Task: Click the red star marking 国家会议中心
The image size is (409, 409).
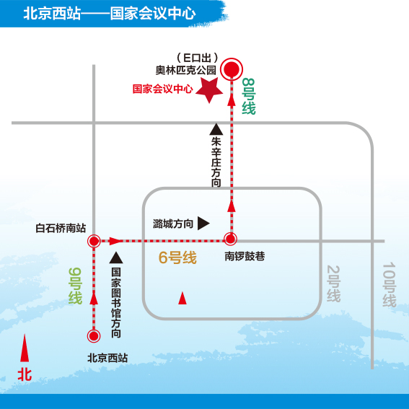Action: coord(209,90)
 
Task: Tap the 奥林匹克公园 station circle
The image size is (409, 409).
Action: coord(232,69)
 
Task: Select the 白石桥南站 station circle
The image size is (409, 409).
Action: coord(94,241)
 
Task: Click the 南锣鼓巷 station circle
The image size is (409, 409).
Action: coord(231,239)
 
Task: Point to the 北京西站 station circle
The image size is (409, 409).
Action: coord(94,335)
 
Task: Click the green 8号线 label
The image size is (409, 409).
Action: coord(249,96)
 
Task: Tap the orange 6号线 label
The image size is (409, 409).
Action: coord(177,258)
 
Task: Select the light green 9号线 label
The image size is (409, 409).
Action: coord(76,286)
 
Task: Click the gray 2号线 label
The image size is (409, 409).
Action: coord(333,283)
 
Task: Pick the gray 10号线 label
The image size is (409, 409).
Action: coord(390,285)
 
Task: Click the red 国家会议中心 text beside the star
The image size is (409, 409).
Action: coord(163,89)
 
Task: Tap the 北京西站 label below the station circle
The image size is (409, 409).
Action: coord(107,358)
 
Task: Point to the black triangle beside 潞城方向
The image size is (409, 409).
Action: coord(203,224)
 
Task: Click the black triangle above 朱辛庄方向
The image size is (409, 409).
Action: coord(216,129)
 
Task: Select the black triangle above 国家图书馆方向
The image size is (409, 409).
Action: coord(116,258)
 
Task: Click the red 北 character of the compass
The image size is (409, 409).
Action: coord(25,375)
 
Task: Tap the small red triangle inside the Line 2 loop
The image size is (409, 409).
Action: coord(182,298)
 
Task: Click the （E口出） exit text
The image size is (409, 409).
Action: coord(198,58)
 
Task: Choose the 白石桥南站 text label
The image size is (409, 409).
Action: coord(61,228)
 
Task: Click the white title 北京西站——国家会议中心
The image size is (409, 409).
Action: coord(110,13)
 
